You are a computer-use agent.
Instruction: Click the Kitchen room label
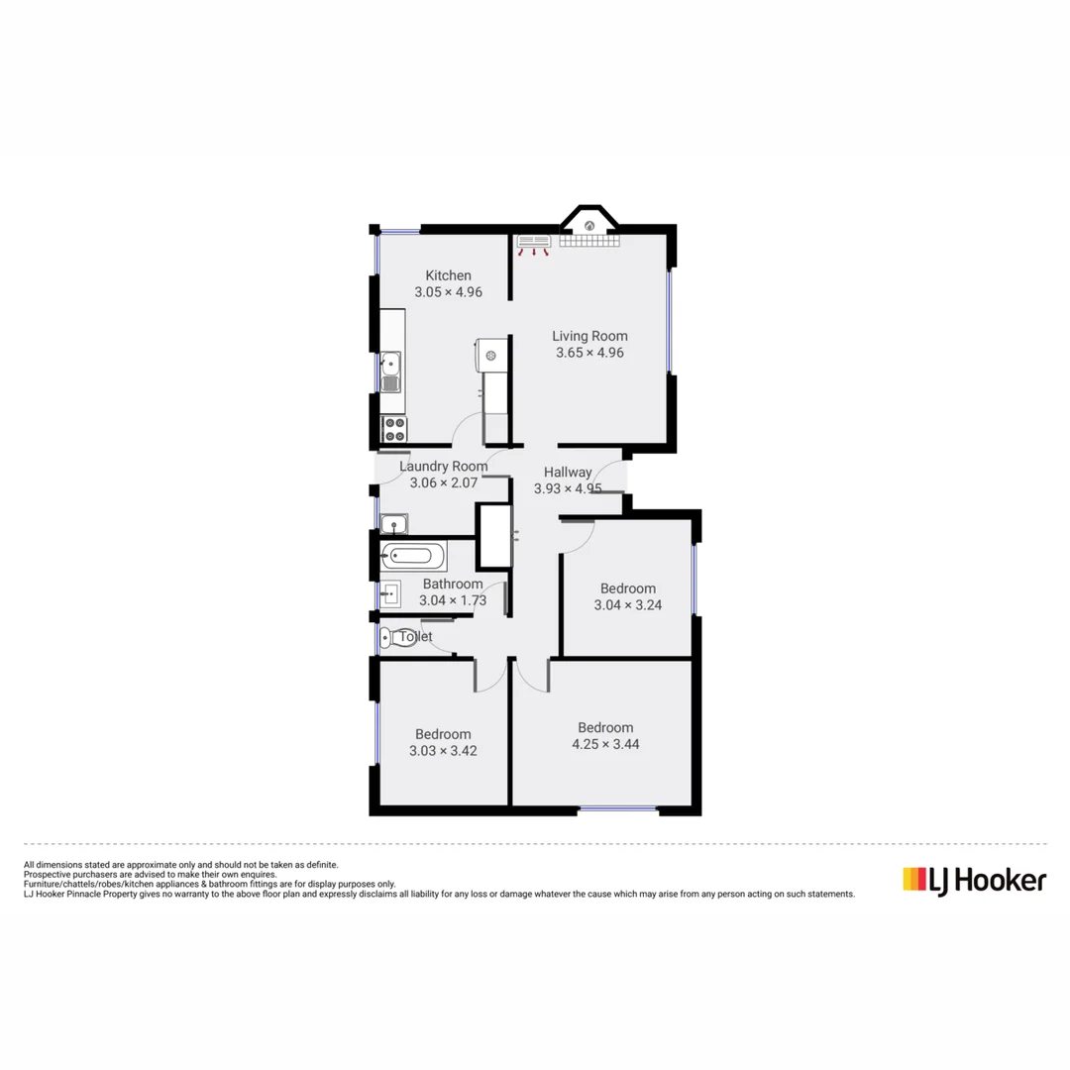[x=448, y=275]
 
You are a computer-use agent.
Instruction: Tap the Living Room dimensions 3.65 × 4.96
[x=589, y=353]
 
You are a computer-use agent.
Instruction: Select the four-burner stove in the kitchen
[x=394, y=429]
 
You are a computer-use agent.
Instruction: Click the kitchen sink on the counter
[x=391, y=373]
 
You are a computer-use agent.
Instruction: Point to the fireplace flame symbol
[x=590, y=226]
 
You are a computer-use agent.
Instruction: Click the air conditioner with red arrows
[x=534, y=242]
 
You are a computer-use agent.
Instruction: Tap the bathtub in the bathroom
[x=410, y=556]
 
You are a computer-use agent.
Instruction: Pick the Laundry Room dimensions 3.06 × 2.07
[x=444, y=483]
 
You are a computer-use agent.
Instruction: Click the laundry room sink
[x=394, y=523]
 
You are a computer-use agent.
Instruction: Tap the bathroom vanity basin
[x=390, y=594]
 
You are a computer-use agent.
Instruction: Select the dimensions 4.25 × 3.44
[x=605, y=744]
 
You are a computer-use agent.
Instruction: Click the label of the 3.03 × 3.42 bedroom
[x=443, y=734]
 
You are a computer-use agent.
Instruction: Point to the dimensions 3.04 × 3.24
[x=627, y=605]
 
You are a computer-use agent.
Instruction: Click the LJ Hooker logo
[x=974, y=879]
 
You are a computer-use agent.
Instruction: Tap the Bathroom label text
[x=453, y=585]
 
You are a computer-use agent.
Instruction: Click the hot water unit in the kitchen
[x=490, y=354]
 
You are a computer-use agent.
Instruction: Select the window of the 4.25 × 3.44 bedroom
[x=618, y=809]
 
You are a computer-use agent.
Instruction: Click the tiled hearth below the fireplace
[x=588, y=241]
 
